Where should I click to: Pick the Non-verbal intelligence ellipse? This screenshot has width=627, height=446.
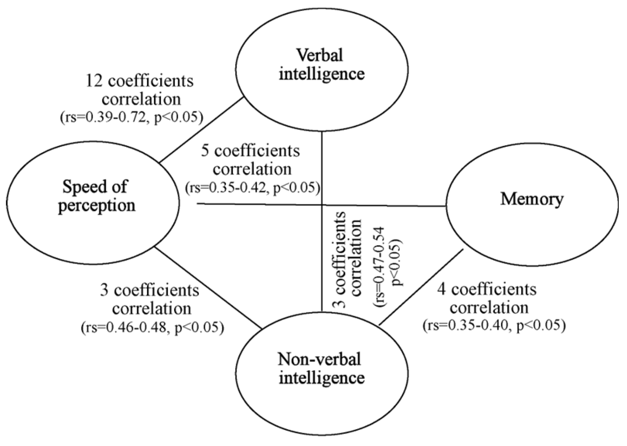point(321,368)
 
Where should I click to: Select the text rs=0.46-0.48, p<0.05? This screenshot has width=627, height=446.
point(152,327)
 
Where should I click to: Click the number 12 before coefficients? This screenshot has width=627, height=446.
point(94,81)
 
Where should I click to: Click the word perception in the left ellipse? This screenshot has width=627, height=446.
point(96,205)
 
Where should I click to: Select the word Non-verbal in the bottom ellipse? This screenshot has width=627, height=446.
point(319,359)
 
